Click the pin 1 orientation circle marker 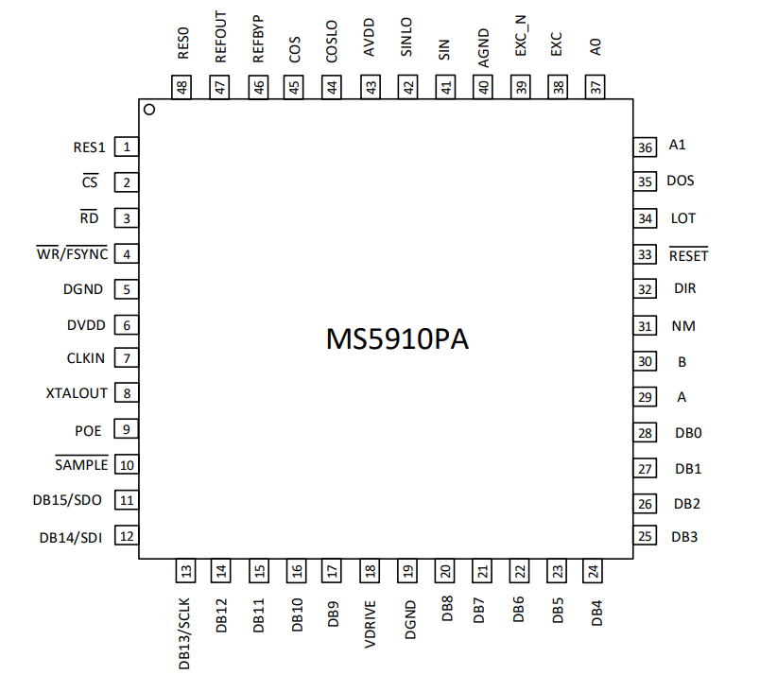149,109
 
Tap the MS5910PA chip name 397,339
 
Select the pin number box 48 181,87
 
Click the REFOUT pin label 220,37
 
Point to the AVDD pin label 370,37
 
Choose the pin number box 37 595,87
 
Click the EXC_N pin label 521,36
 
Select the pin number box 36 645,147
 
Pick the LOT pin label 682,218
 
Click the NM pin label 683,326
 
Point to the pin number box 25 645,536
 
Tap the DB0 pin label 688,433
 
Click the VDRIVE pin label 371,625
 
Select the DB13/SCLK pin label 183,634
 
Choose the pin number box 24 593,571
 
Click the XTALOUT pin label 77,393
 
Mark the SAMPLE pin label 81,464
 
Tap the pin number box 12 127,536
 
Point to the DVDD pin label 86,326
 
